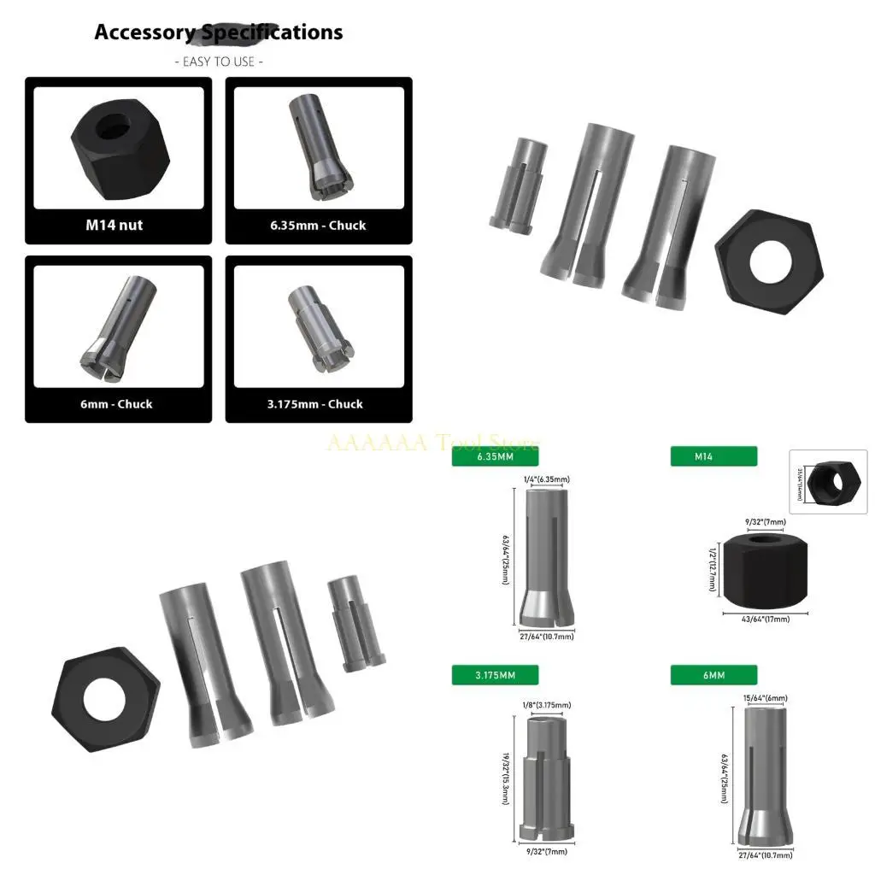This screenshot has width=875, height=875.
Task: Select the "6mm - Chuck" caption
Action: [111, 404]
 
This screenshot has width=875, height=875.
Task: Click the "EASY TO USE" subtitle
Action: [219, 62]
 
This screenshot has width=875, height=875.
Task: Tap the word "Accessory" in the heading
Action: [144, 32]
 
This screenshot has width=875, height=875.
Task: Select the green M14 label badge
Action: [714, 456]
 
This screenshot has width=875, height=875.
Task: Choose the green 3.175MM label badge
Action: [495, 675]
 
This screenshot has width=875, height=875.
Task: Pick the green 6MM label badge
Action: [714, 675]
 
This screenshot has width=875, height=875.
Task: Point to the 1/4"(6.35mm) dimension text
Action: [547, 479]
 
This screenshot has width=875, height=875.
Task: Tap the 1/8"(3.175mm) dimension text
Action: [546, 705]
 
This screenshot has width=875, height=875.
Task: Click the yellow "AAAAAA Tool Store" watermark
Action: [434, 443]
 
